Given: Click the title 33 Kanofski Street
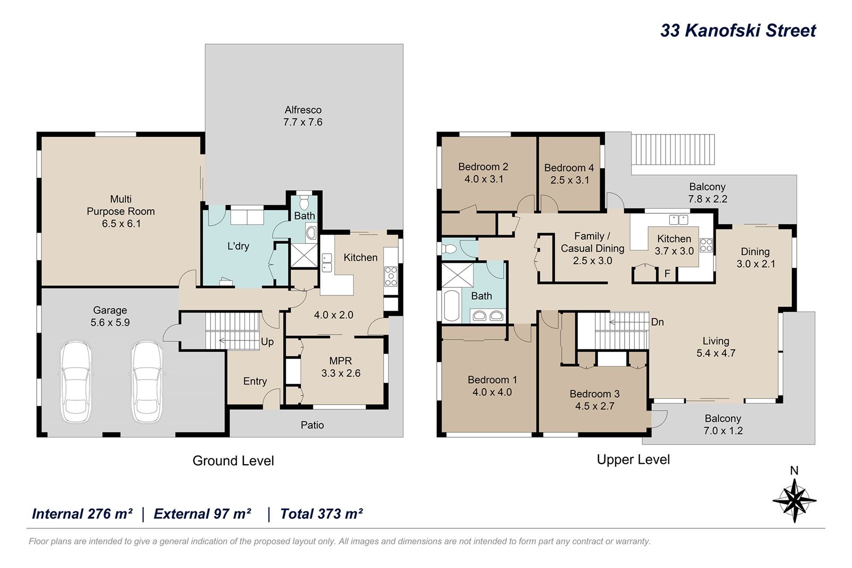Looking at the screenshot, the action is [738, 30].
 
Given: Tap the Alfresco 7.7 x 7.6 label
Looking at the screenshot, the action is [303, 116].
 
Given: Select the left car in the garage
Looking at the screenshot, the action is [76, 382].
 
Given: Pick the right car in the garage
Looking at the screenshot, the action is [147, 382].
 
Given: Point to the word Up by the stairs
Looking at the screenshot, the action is [267, 342].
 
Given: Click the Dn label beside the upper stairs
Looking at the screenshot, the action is [657, 322].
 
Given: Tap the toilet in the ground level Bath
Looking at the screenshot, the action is [304, 202].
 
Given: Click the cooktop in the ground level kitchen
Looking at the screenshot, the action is [391, 276].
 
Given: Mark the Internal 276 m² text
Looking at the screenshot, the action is [82, 514].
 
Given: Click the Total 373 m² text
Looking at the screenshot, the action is [322, 514].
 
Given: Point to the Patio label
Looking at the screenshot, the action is [312, 425].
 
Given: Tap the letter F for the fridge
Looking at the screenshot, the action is [667, 274].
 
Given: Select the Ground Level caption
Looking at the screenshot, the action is [233, 461].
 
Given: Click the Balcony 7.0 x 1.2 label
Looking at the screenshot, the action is [723, 424].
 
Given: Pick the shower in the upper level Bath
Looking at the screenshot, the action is [457, 275].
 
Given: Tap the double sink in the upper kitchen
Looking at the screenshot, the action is [678, 220].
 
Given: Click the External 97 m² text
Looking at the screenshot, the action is [202, 514].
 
